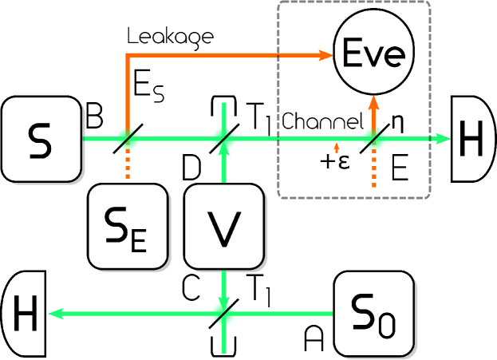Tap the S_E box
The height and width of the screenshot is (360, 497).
(x=128, y=225)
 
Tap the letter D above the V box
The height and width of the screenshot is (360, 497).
(x=191, y=168)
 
